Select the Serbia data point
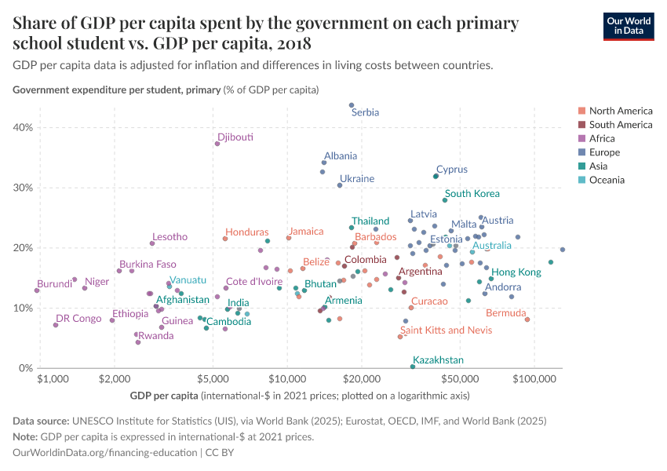352,104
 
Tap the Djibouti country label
235,137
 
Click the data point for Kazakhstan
413,367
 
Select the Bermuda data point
527,319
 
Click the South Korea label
472,194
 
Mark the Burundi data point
37,290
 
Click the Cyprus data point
436,177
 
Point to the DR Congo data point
56,325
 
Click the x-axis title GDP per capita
165,395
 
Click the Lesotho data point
152,243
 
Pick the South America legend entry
620,125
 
